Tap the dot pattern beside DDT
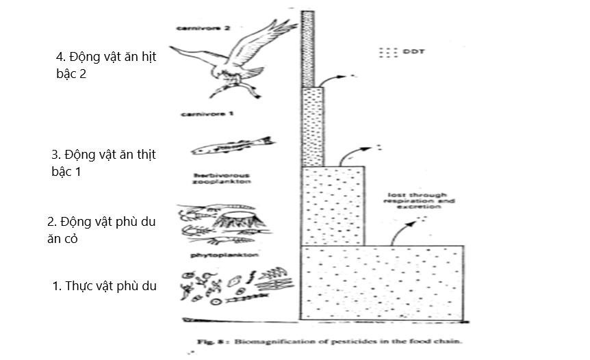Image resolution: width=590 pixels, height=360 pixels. [389, 51]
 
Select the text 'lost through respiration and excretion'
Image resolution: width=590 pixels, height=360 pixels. [417, 200]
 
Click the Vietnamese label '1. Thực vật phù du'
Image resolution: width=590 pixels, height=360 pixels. [104, 286]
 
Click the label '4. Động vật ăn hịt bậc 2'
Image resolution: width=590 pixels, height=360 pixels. [105, 65]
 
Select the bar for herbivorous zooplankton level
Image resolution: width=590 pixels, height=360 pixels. [333, 205]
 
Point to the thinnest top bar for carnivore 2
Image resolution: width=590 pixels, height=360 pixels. [307, 48]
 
